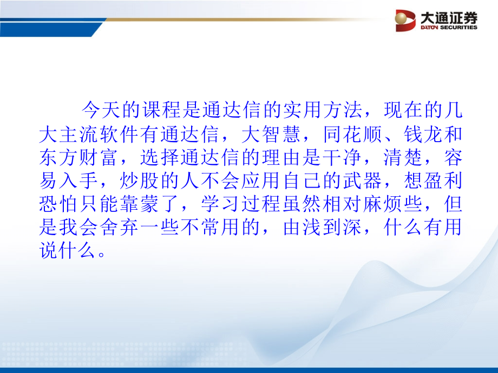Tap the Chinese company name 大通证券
[x=449, y=17]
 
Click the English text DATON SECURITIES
[x=449, y=28]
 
